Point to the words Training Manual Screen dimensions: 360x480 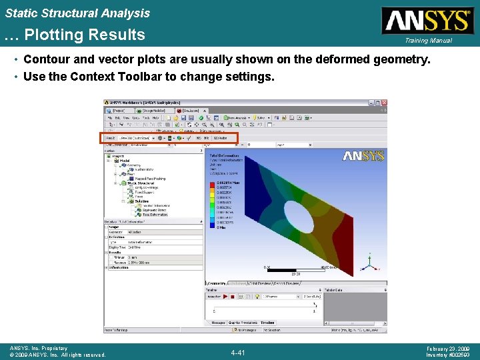pyautogui.click(x=427, y=41)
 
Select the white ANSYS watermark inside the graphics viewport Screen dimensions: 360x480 pyautogui.click(x=363, y=156)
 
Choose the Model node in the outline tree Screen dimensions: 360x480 pyautogui.click(x=124, y=161)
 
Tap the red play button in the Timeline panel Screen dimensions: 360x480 pyautogui.click(x=225, y=296)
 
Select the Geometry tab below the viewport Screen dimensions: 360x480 pyautogui.click(x=217, y=283)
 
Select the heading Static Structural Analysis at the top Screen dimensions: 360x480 pyautogui.click(x=77, y=13)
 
